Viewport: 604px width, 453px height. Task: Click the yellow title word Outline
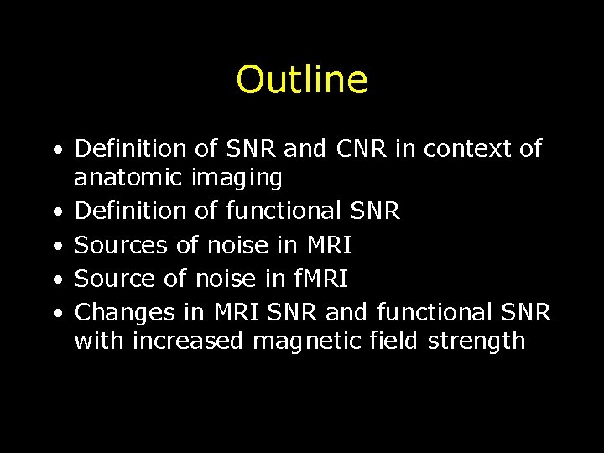(x=301, y=80)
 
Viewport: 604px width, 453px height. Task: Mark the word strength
(x=476, y=341)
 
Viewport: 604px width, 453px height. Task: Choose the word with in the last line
(x=99, y=341)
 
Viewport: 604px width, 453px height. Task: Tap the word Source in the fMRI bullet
(x=117, y=279)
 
